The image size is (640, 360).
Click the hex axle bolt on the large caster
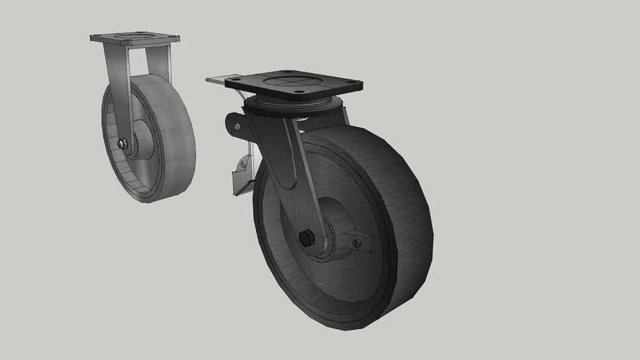pyautogui.click(x=306, y=238)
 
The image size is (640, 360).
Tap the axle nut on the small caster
pyautogui.click(x=122, y=144)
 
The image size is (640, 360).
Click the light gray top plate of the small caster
pyautogui.click(x=135, y=38)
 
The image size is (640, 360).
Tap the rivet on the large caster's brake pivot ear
pyautogui.click(x=237, y=127)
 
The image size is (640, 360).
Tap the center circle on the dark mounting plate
pyautogui.click(x=294, y=82)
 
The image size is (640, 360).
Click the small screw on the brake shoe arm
pyautogui.click(x=243, y=164)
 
